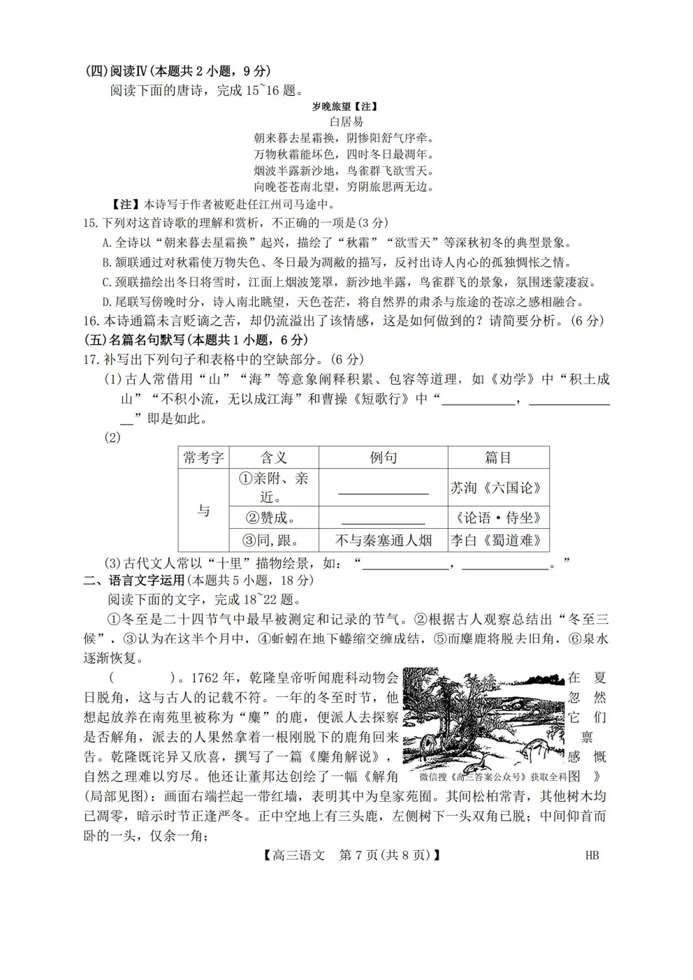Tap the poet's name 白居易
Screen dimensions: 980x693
click(x=346, y=122)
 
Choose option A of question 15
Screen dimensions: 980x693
click(x=107, y=243)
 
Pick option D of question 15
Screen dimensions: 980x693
click(x=107, y=302)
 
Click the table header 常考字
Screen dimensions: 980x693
click(x=203, y=458)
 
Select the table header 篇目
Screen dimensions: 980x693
click(x=498, y=458)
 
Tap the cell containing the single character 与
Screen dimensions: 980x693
click(x=203, y=510)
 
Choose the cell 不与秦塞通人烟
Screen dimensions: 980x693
click(x=383, y=540)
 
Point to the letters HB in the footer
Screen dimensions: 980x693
click(x=592, y=855)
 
